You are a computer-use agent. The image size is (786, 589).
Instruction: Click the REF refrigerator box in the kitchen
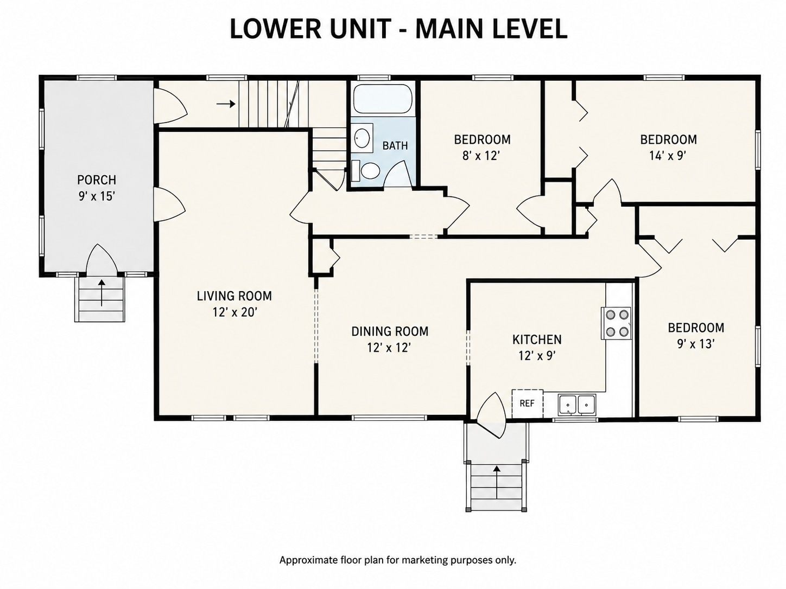pyautogui.click(x=527, y=404)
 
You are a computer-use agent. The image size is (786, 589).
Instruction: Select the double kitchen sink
pyautogui.click(x=576, y=405)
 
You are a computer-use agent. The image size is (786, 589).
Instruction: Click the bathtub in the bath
pyautogui.click(x=383, y=98)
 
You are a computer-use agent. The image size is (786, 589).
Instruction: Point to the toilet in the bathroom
pyautogui.click(x=365, y=171)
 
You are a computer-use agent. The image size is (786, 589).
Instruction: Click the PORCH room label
pyautogui.click(x=97, y=180)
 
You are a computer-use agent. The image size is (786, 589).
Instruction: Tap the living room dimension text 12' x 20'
pyautogui.click(x=235, y=312)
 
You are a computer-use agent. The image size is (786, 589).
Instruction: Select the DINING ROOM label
pyautogui.click(x=390, y=331)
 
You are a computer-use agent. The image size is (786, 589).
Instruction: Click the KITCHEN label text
pyautogui.click(x=537, y=340)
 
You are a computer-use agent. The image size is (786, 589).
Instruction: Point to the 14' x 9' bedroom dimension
pyautogui.click(x=668, y=156)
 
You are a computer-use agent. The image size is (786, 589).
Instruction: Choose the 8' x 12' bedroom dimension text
pyautogui.click(x=481, y=156)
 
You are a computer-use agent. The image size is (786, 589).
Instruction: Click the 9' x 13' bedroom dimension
pyautogui.click(x=696, y=344)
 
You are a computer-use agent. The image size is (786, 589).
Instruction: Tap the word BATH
pyautogui.click(x=395, y=145)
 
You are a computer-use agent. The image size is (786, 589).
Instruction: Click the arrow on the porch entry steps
pyautogui.click(x=102, y=293)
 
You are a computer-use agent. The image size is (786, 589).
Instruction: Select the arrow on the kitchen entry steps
pyautogui.click(x=497, y=482)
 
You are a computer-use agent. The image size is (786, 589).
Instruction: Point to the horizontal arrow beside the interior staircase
pyautogui.click(x=226, y=104)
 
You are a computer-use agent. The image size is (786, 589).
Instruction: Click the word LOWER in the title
pyautogui.click(x=275, y=29)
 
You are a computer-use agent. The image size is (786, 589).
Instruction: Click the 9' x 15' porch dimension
pyautogui.click(x=97, y=196)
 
